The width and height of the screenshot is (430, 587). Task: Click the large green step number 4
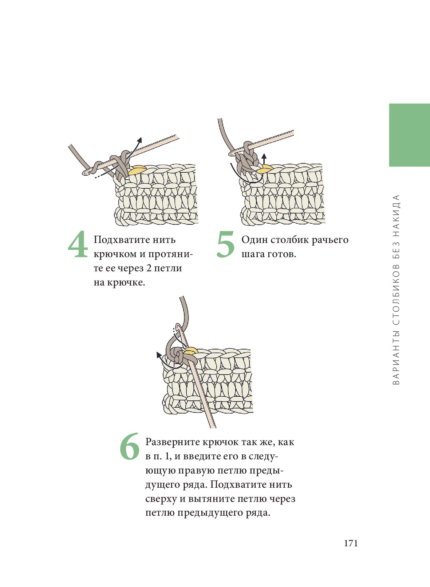pyautogui.click(x=78, y=244)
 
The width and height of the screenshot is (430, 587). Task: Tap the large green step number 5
pyautogui.click(x=226, y=244)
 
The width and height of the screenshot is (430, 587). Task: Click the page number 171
pyautogui.click(x=351, y=543)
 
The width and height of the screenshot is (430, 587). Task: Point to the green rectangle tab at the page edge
pyautogui.click(x=409, y=135)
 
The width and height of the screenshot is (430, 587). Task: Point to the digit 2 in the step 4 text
pyautogui.click(x=149, y=268)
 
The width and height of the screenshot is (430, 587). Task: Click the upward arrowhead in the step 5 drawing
pyautogui.click(x=264, y=156)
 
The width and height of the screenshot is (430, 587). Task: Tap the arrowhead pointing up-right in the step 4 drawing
pyautogui.click(x=139, y=140)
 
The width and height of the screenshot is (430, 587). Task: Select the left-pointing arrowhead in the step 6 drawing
pyautogui.click(x=159, y=355)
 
